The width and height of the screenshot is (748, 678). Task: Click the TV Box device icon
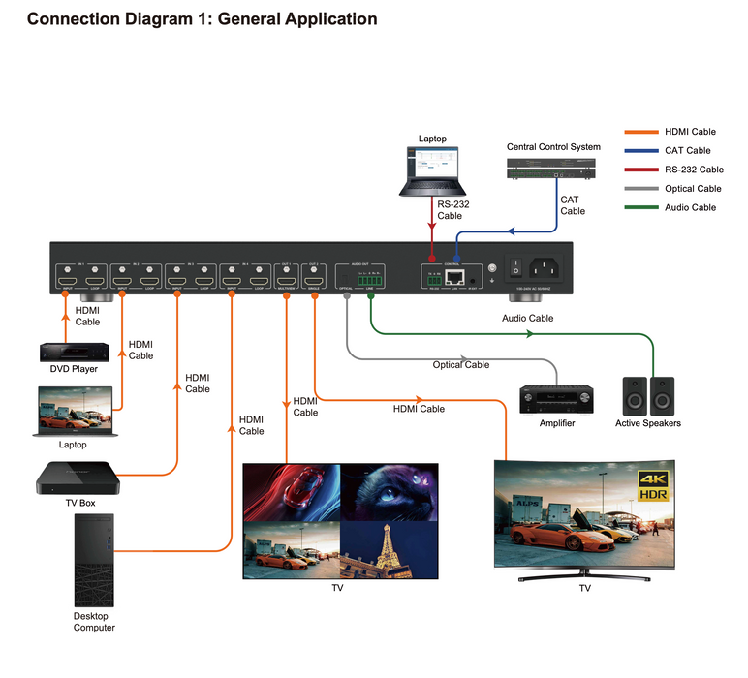78,478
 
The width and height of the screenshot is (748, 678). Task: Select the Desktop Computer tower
94,560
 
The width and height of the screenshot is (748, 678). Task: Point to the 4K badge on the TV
654,479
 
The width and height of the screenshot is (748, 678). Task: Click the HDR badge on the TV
654,495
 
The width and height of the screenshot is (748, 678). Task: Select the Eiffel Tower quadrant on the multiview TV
390,549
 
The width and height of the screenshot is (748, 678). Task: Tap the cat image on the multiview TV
390,492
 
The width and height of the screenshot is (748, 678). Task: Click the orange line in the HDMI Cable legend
642,132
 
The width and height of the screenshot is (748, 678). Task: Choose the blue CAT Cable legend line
642,151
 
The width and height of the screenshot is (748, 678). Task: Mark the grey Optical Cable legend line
642,189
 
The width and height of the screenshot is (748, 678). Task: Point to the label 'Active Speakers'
648,423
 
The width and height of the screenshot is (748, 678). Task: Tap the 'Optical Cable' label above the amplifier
461,365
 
